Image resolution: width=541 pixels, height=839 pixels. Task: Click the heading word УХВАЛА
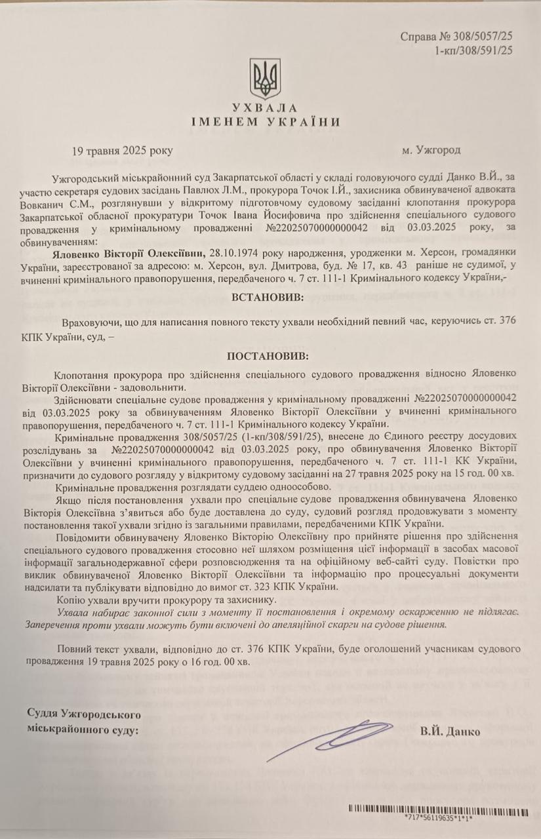coord(265,108)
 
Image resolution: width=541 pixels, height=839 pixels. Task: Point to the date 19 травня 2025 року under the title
coord(122,150)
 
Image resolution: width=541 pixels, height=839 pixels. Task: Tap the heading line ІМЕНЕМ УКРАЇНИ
coord(265,122)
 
